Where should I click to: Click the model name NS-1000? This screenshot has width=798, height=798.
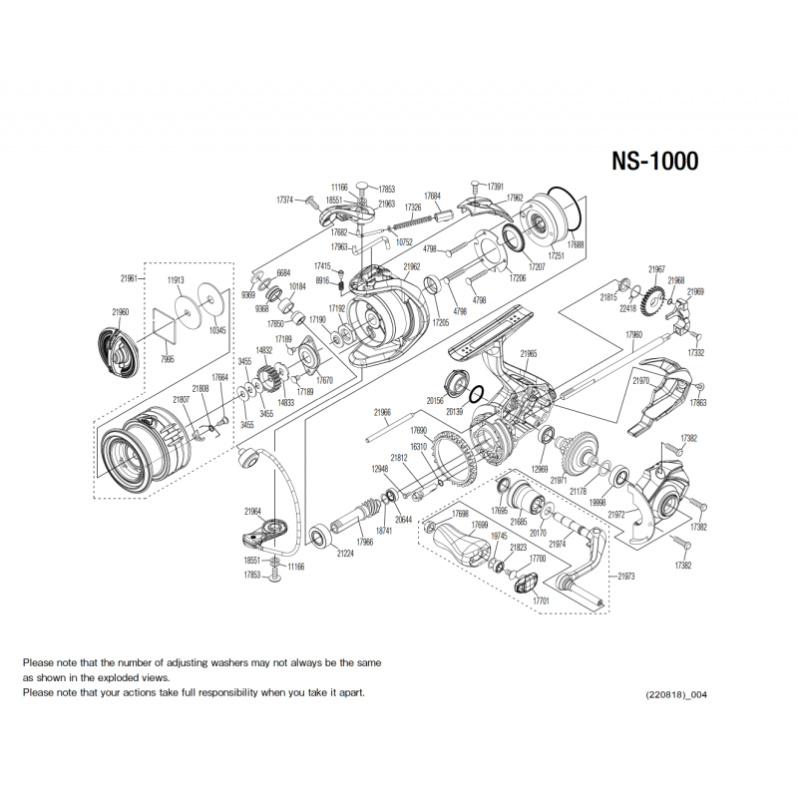click(x=655, y=161)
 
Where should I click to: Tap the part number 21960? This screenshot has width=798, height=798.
click(x=121, y=312)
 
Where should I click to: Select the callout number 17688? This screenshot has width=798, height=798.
click(x=576, y=243)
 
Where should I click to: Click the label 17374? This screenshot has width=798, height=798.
click(x=283, y=199)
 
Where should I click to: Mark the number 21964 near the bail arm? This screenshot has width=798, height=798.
click(x=251, y=511)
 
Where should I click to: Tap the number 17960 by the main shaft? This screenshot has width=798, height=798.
click(x=634, y=335)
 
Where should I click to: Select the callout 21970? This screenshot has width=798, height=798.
click(x=641, y=380)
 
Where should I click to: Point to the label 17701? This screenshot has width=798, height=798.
click(x=541, y=601)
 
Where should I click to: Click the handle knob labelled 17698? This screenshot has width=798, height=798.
click(x=456, y=546)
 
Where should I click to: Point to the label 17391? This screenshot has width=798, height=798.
click(x=495, y=187)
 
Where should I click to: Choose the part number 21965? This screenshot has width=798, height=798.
click(x=530, y=353)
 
